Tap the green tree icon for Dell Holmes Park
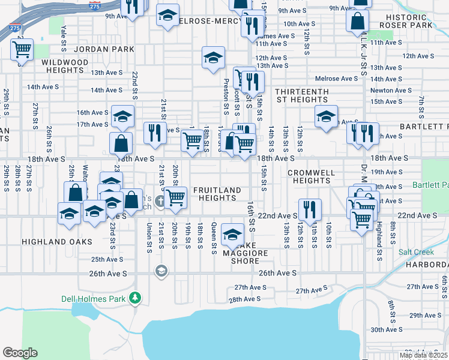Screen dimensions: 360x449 136,297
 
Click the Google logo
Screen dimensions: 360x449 20,353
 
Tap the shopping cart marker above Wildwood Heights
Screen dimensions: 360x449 22,49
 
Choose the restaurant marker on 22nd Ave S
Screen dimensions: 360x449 310,209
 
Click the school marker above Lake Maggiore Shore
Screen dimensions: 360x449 232,234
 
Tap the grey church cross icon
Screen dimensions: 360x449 160,201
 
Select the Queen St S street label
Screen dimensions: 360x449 214,236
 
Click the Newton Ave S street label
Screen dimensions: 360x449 390,91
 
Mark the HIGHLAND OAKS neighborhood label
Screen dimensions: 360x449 57,242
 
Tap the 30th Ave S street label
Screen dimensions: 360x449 386,329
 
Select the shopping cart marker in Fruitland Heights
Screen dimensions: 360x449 176,197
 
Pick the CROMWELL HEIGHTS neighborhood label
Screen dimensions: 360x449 310,176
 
